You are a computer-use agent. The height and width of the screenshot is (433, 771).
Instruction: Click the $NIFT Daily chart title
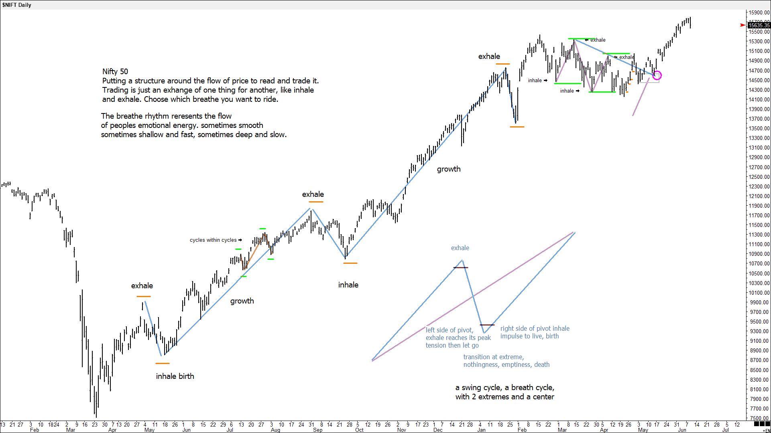[16, 5]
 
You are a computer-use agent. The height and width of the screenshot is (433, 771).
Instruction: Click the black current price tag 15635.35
[759, 25]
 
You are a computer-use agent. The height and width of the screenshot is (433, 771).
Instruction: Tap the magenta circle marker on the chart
[657, 75]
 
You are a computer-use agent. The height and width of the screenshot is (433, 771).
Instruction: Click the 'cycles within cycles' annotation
[213, 240]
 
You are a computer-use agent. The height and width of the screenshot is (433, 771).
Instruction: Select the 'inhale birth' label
[175, 376]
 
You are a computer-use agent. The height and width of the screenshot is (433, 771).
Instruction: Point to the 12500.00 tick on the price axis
[759, 177]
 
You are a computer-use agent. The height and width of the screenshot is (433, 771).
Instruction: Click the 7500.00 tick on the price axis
[759, 418]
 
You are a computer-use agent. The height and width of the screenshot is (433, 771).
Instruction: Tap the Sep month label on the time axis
[317, 430]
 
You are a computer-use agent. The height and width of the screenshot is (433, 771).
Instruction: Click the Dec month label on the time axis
[438, 430]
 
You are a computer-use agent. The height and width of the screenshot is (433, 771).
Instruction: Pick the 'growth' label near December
[449, 169]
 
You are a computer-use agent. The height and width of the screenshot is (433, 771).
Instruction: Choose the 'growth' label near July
[242, 301]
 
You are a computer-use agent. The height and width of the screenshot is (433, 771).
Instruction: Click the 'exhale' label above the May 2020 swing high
[142, 286]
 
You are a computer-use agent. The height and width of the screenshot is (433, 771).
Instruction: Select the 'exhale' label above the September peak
[313, 194]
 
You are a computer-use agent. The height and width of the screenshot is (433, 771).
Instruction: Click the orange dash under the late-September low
[350, 263]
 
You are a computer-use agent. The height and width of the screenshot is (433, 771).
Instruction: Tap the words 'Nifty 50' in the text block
[115, 72]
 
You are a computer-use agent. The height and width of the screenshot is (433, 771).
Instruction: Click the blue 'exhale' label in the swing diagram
[460, 248]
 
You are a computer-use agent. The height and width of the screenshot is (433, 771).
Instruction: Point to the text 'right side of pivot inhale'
[535, 329]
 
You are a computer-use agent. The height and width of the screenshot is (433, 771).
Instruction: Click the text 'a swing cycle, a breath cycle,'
[505, 388]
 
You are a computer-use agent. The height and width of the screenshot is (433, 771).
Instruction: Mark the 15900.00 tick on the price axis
[759, 12]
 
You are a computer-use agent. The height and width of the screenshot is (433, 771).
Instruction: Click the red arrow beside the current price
[743, 25]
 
